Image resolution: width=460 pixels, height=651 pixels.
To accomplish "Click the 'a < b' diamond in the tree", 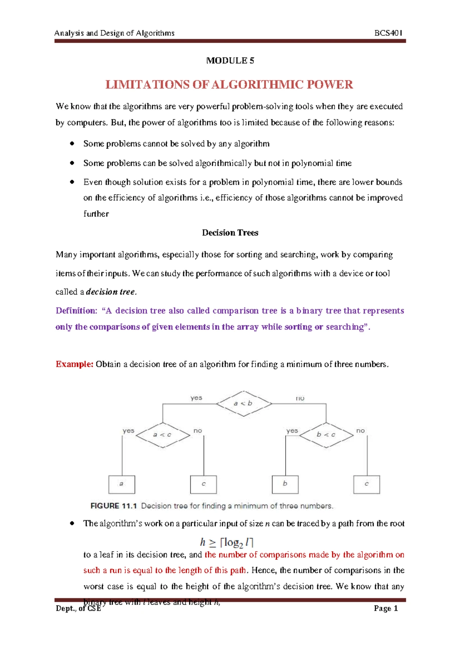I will click(244, 403).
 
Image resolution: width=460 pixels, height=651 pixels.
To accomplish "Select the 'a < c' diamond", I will click(163, 435).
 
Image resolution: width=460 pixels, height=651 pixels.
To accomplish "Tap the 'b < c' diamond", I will click(326, 435).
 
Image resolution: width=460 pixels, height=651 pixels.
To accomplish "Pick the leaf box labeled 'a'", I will click(122, 484).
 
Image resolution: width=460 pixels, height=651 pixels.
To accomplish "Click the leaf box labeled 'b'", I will click(285, 484).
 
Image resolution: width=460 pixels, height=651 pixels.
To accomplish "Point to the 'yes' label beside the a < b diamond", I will click(196, 398).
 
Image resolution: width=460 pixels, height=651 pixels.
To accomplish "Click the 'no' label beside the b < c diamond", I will click(360, 431).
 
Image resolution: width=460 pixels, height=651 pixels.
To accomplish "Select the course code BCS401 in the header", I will click(388, 33).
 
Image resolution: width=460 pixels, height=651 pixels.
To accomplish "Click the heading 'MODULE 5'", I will click(230, 61).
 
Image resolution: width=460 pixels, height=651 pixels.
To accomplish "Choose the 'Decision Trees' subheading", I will click(230, 233).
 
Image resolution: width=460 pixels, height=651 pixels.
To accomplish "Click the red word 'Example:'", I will click(74, 364).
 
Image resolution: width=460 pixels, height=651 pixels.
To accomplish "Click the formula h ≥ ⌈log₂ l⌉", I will click(227, 542).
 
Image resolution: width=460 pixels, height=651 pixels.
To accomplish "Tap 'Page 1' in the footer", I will click(386, 608).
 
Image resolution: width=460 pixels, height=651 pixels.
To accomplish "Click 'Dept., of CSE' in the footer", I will click(78, 608).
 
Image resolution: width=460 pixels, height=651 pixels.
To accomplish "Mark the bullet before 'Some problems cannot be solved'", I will click(72, 144).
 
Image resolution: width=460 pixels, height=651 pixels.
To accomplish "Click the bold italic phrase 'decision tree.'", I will click(111, 292).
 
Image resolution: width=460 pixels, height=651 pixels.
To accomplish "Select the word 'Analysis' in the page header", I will click(69, 33).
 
